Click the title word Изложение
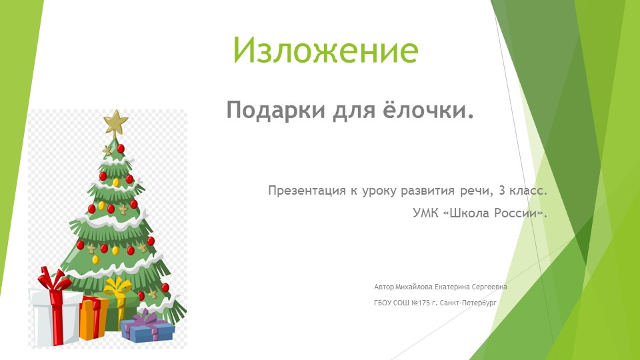click(325, 49)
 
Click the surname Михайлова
click(413, 287)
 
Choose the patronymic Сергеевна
click(489, 287)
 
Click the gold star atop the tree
click(116, 123)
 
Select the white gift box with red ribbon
click(55, 313)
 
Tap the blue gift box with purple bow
click(147, 328)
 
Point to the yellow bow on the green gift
click(117, 289)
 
